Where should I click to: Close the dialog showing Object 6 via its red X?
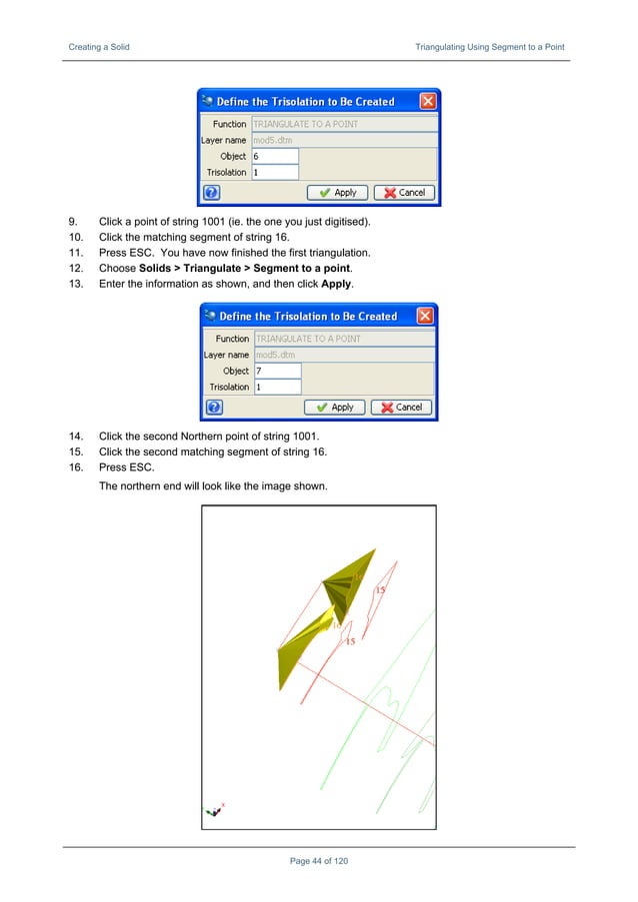427,101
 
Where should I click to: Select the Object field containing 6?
275,157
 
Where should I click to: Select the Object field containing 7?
277,371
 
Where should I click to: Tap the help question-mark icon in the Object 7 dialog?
213,407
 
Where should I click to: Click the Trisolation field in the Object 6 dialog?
275,172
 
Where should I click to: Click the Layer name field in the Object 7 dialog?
344,355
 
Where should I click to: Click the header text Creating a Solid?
98,47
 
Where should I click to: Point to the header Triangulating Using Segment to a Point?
490,47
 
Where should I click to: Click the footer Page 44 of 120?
318,861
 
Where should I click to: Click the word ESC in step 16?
140,467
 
